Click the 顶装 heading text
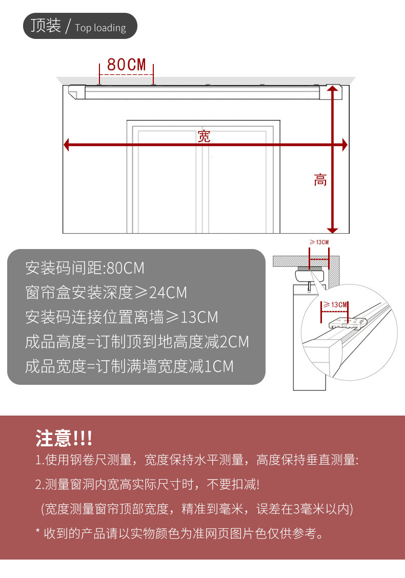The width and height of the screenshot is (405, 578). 46,26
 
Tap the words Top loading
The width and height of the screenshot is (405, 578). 100,28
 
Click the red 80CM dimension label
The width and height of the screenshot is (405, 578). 127,65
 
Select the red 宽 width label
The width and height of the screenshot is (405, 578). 204,136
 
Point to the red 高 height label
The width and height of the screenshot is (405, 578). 320,180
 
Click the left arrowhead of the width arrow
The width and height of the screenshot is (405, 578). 67,145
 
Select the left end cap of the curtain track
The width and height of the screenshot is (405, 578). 76,92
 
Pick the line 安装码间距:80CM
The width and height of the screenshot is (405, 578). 85,268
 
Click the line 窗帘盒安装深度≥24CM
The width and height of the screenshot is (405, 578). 106,293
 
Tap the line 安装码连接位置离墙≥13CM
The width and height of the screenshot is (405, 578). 121,317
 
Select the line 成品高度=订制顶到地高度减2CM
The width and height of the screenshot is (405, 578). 137,342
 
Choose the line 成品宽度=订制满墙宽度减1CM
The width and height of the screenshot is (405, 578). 129,366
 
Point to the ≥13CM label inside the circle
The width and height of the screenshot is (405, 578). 336,304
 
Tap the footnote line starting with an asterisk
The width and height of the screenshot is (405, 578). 179,533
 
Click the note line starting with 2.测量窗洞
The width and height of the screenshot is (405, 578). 147,484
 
